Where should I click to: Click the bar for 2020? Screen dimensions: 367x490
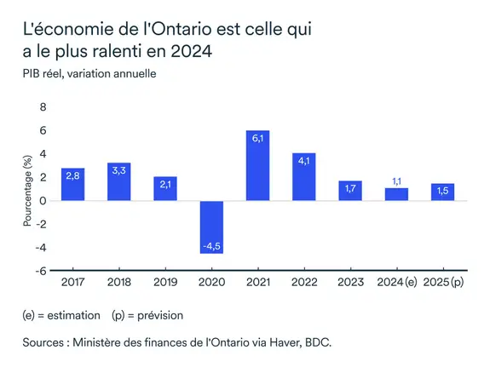211,227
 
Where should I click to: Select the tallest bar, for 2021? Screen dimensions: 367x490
257,166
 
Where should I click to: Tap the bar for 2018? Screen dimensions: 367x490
119,181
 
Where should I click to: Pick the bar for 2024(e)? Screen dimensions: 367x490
396,194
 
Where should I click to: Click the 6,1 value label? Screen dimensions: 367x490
257,139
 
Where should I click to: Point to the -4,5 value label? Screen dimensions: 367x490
211,246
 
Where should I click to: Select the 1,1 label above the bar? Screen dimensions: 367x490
396,181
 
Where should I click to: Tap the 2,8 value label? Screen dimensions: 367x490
73,175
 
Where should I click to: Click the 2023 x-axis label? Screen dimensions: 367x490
349,280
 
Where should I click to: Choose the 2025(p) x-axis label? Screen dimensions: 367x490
443,280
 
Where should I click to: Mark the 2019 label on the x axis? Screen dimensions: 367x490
165,280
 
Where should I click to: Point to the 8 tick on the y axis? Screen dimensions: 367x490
43,106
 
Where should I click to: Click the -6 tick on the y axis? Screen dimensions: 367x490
41,271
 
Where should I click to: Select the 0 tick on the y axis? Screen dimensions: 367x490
43,201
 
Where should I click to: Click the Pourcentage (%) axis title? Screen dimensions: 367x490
28,189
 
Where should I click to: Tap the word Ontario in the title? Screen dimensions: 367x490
183,30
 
